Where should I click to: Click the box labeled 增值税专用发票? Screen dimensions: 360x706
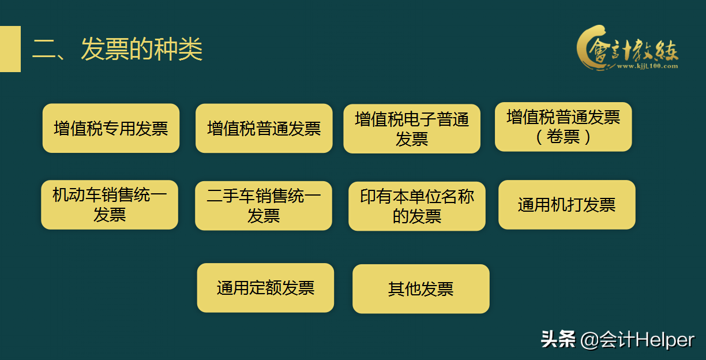pos(111,128)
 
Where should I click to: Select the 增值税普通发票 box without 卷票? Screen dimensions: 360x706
pos(264,128)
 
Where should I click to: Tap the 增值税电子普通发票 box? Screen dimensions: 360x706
pos(412,129)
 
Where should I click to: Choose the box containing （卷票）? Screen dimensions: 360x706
pos(563,127)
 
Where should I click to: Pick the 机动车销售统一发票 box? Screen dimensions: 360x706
pos(110,205)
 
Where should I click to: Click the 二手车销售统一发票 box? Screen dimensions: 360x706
pos(264,205)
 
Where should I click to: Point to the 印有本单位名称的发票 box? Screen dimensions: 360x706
pos(417,206)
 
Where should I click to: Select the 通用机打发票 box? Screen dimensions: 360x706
pos(566,205)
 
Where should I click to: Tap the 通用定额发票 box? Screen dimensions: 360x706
pos(265,287)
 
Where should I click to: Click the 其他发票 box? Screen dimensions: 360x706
pos(420,288)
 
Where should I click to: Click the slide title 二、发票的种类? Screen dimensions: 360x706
pos(118,50)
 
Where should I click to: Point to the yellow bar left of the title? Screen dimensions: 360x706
pos(10,49)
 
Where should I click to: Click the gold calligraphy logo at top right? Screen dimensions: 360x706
pos(628,47)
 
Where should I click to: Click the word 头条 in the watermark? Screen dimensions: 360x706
pos(558,339)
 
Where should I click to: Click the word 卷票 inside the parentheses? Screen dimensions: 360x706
pos(564,137)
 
